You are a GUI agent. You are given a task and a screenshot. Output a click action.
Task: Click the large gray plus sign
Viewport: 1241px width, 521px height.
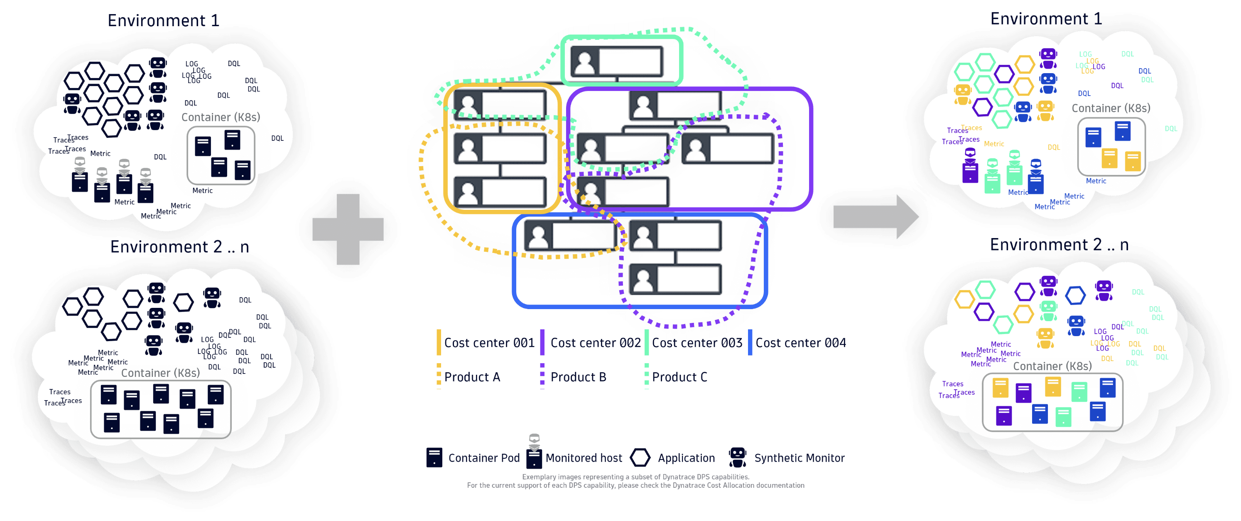(348, 229)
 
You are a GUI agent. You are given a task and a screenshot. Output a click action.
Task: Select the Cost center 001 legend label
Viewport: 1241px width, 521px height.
(489, 343)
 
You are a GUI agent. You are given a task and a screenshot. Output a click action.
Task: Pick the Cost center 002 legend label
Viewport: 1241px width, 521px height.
(595, 343)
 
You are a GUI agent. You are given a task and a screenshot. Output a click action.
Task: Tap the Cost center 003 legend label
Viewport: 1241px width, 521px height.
(697, 343)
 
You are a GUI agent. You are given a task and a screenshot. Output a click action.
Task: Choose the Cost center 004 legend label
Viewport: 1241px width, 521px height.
(800, 343)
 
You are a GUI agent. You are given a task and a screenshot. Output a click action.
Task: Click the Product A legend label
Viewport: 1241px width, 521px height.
(472, 377)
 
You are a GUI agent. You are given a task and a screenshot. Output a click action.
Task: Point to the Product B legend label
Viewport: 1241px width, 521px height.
(578, 377)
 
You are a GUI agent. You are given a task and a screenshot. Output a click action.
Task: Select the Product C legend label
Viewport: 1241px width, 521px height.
(679, 377)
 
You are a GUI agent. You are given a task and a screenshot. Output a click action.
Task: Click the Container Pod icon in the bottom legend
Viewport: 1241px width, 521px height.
(434, 457)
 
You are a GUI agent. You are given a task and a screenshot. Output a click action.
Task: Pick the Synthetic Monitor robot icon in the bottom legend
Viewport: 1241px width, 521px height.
(738, 457)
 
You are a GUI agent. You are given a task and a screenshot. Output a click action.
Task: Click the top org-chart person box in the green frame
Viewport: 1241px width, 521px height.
(617, 61)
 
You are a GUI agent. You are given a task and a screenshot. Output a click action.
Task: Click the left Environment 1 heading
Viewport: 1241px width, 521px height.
(163, 20)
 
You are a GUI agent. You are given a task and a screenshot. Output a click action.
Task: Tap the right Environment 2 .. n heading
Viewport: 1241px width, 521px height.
(1059, 245)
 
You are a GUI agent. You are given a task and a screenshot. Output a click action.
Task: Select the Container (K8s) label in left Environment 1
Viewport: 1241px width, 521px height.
(221, 117)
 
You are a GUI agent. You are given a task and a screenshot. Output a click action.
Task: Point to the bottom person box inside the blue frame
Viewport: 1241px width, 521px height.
(675, 280)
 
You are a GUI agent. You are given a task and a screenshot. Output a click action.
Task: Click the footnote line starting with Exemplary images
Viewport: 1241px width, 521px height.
(635, 477)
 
